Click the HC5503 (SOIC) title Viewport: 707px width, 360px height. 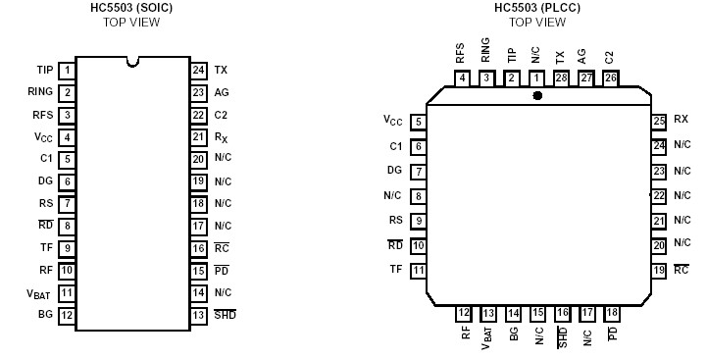pyautogui.click(x=130, y=8)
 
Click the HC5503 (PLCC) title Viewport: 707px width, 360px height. pyautogui.click(x=536, y=8)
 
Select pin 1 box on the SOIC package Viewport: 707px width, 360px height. pyautogui.click(x=67, y=70)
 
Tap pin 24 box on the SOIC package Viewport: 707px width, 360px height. pyautogui.click(x=198, y=70)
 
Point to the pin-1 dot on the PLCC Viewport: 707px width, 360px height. pyautogui.click(x=536, y=96)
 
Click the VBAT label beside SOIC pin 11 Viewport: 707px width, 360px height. pyautogui.click(x=38, y=292)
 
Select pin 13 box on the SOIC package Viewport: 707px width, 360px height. pyautogui.click(x=198, y=315)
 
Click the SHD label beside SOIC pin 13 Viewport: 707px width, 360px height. pyautogui.click(x=225, y=315)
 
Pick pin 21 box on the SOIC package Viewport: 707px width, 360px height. pyautogui.click(x=198, y=136)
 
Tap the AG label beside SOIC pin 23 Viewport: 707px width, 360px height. pyautogui.click(x=221, y=92)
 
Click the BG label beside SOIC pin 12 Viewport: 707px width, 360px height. pyautogui.click(x=44, y=315)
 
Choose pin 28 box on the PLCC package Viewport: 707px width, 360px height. pyautogui.click(x=561, y=77)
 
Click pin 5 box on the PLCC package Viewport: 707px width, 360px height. pyautogui.click(x=419, y=123)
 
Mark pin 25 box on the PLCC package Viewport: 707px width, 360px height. pyautogui.click(x=659, y=120)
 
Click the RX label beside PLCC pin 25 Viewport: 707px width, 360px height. pyautogui.click(x=681, y=119)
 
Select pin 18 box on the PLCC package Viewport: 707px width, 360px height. pyautogui.click(x=611, y=313)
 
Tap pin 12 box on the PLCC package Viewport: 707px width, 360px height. pyautogui.click(x=464, y=313)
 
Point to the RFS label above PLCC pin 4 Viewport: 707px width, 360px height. pyautogui.click(x=462, y=53)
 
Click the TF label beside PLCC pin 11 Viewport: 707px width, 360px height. pyautogui.click(x=395, y=269)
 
